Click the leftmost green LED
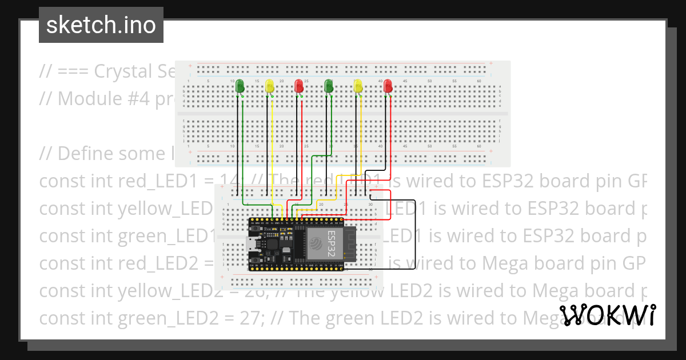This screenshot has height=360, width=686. [x=240, y=86]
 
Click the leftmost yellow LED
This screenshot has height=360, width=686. [x=270, y=86]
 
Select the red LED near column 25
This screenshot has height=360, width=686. [x=299, y=86]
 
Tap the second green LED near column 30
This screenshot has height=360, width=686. [x=329, y=86]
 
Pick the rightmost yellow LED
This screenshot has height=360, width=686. [x=358, y=86]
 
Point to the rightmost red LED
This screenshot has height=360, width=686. [x=388, y=86]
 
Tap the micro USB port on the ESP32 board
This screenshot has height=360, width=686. [x=252, y=246]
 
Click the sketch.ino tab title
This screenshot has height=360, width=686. [x=101, y=25]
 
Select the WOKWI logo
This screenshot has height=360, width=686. [x=607, y=315]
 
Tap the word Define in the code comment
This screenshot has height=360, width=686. [x=87, y=154]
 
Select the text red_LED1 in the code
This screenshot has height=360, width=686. [x=156, y=181]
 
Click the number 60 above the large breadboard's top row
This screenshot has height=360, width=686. [x=479, y=81]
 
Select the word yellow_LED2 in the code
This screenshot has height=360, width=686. [x=166, y=290]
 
